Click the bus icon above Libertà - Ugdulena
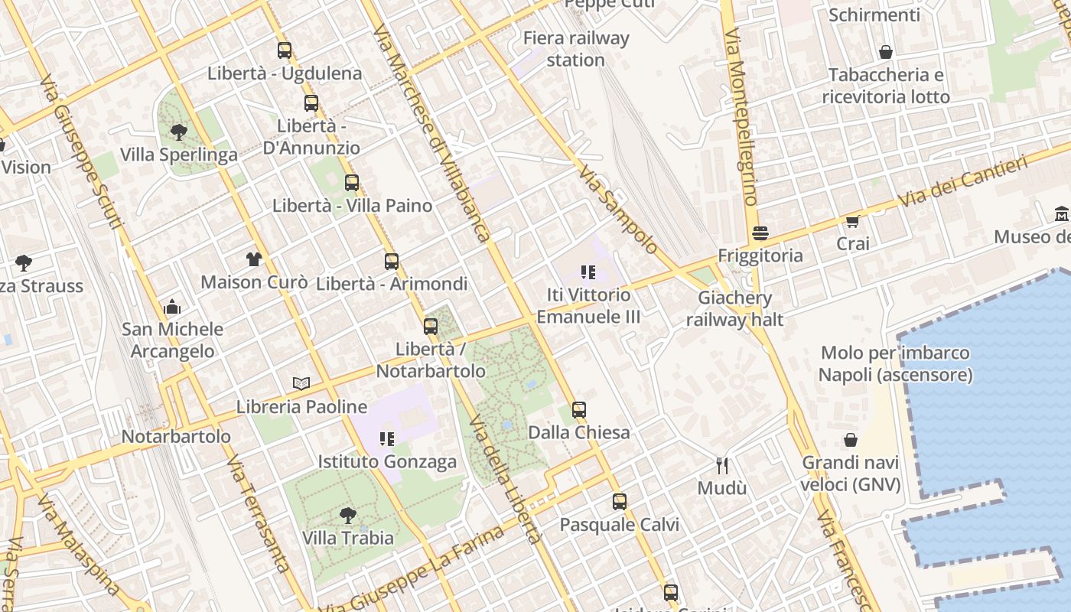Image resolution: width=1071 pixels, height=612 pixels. coord(285,50)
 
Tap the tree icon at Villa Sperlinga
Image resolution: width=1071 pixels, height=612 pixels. coord(179,132)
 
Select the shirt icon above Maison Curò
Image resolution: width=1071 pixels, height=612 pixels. coord(254,259)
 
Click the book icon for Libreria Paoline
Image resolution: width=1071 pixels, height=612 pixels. coord(302,383)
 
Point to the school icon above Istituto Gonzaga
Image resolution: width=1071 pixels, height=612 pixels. coord(387,439)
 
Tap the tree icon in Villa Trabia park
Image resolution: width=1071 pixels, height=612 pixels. coord(347,515)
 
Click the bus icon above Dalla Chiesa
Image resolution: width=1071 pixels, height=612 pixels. coord(579,409)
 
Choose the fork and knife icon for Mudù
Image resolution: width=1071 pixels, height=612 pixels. coord(721,465)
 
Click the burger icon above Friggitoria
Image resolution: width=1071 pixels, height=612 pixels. coord(760,233)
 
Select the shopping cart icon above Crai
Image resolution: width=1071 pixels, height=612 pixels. coord(853,221)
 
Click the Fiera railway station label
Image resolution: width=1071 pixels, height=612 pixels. coord(576,48)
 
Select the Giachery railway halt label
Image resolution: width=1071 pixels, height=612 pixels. coord(734,308)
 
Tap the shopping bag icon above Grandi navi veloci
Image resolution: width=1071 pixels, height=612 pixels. coord(851,440)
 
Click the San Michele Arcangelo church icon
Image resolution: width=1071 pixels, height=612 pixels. coord(172,308)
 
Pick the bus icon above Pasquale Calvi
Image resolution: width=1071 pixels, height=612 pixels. coord(620,502)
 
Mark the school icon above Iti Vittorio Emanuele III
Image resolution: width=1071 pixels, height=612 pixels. coord(588,272)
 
